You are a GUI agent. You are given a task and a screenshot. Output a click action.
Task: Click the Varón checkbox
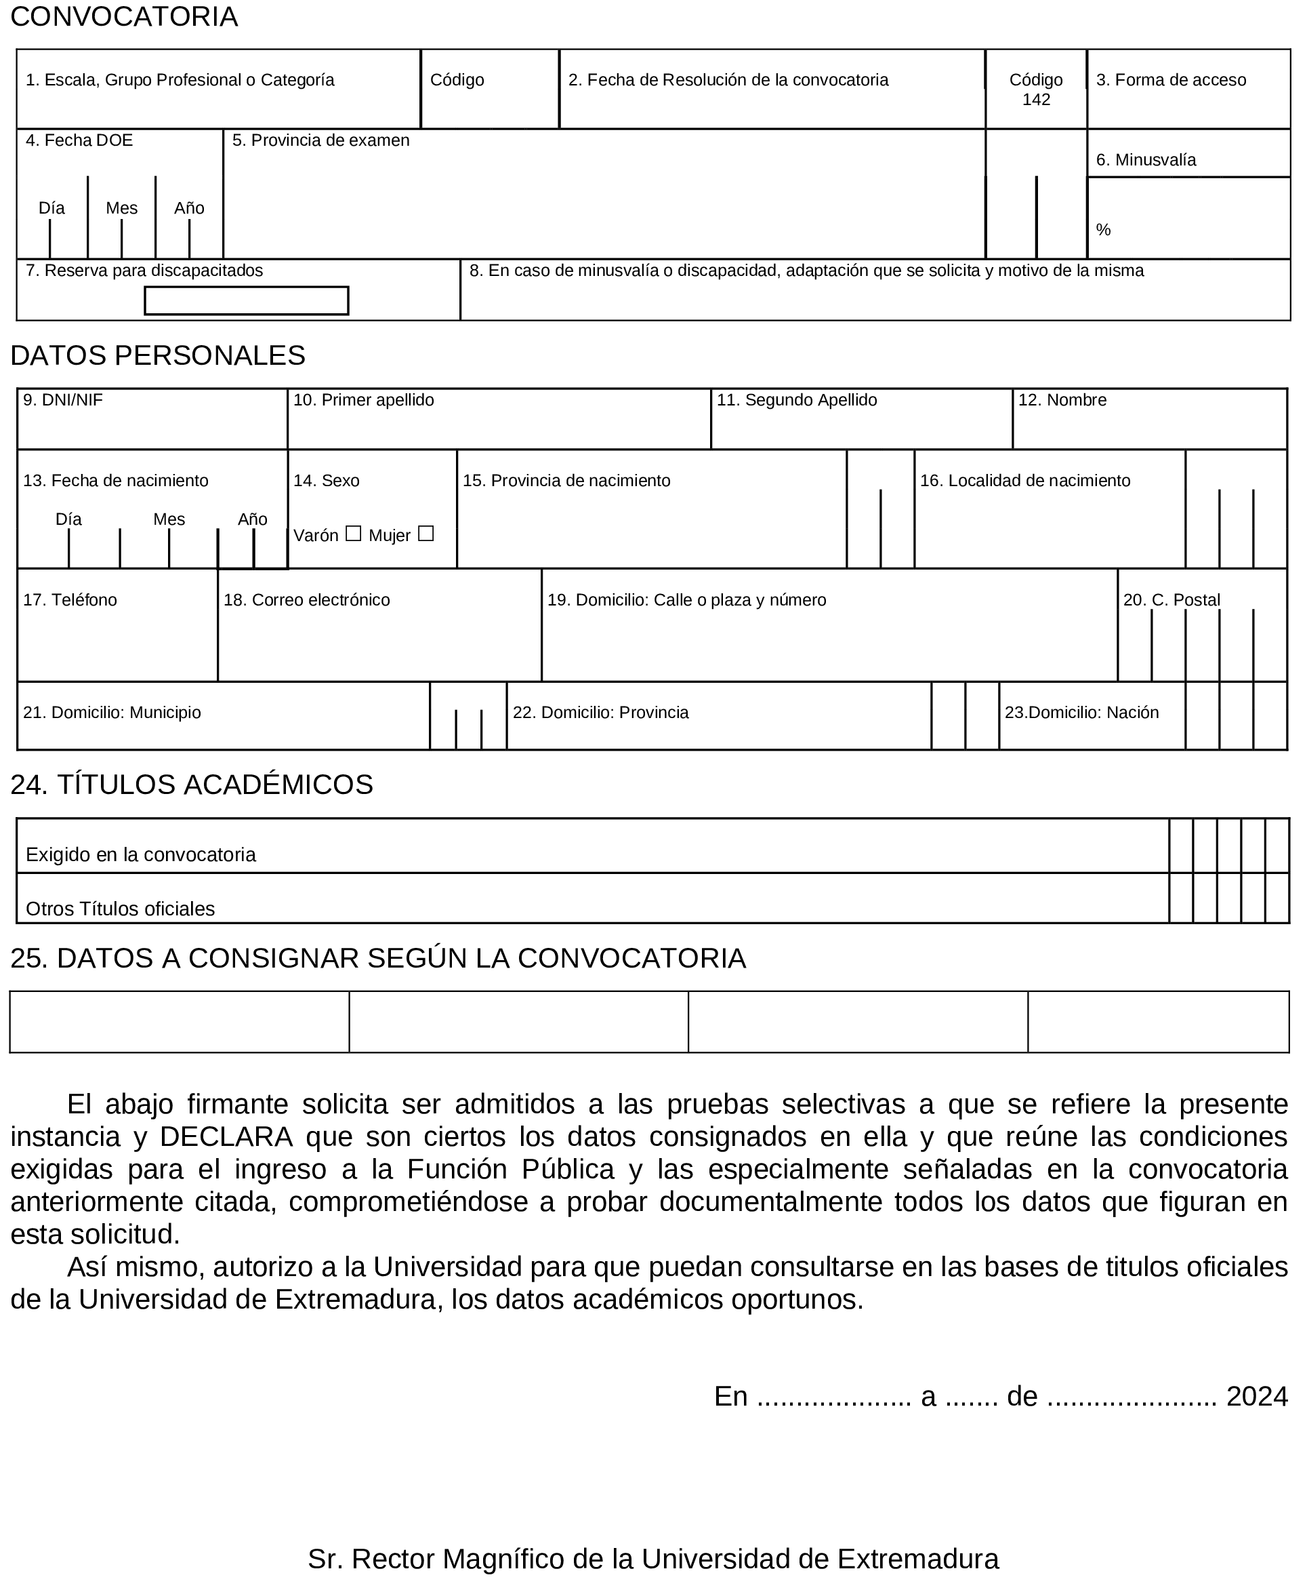pyautogui.click(x=353, y=534)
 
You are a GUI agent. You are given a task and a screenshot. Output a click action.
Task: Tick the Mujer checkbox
pyautogui.click(x=426, y=534)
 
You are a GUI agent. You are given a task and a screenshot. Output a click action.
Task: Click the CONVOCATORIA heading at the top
pyautogui.click(x=124, y=16)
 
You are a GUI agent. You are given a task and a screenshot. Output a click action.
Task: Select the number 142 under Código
pyautogui.click(x=1036, y=100)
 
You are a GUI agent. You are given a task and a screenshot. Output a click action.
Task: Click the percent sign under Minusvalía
pyautogui.click(x=1103, y=230)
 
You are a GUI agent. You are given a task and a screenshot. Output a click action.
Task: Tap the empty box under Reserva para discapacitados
pyautogui.click(x=246, y=300)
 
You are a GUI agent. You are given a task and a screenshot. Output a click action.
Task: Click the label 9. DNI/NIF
pyautogui.click(x=62, y=400)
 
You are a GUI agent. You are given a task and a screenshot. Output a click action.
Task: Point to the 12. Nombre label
pyautogui.click(x=1062, y=400)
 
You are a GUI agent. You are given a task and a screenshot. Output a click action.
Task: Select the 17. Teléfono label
pyautogui.click(x=70, y=599)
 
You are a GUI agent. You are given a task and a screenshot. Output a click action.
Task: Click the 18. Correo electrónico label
pyautogui.click(x=306, y=599)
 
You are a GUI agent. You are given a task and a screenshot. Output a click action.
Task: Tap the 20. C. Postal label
pyautogui.click(x=1171, y=599)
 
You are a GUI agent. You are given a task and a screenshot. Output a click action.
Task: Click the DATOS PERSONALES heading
pyautogui.click(x=158, y=355)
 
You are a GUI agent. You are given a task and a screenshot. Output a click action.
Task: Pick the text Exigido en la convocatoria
pyautogui.click(x=141, y=854)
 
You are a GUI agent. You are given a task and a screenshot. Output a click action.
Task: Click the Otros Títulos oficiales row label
pyautogui.click(x=121, y=909)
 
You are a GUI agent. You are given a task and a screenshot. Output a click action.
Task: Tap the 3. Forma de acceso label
pyautogui.click(x=1171, y=80)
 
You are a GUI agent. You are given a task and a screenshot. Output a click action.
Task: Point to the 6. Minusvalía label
pyautogui.click(x=1146, y=160)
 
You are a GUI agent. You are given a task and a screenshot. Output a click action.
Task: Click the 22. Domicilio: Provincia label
pyautogui.click(x=600, y=713)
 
